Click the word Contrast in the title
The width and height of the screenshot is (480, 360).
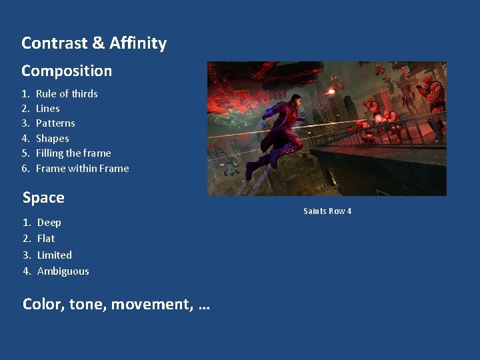(54, 43)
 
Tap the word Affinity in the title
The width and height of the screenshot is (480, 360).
(138, 43)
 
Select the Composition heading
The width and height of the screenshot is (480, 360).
(67, 71)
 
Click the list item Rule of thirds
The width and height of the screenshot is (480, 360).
(67, 94)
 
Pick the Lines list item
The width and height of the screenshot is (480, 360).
(48, 109)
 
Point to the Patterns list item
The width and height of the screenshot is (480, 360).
(55, 123)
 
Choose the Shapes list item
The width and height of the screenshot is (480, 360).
(53, 139)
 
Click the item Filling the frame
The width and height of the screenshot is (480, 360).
(73, 153)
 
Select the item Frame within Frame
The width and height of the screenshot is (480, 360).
(82, 169)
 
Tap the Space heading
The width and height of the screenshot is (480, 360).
(43, 198)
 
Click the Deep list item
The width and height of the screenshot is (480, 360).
(49, 223)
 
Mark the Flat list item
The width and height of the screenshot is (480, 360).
(46, 239)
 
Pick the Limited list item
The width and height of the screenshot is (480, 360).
(55, 255)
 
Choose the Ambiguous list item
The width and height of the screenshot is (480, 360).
(63, 271)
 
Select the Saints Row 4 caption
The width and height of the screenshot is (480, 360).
(327, 211)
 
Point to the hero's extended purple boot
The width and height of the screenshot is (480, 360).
(251, 172)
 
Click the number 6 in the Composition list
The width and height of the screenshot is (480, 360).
(25, 169)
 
